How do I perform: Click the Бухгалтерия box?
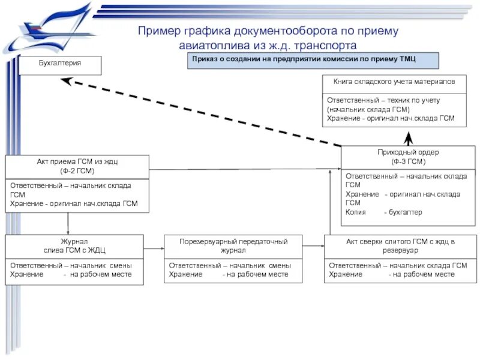pyautogui.click(x=59, y=65)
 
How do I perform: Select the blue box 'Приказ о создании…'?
pyautogui.click(x=313, y=61)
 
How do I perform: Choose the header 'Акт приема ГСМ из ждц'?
pyautogui.click(x=77, y=166)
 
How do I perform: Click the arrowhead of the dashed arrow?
pyautogui.click(x=67, y=82)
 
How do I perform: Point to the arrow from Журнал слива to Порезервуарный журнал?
pyautogui.click(x=154, y=245)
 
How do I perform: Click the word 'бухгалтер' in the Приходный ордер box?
pyautogui.click(x=405, y=212)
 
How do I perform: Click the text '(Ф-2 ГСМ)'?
pyautogui.click(x=77, y=171)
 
